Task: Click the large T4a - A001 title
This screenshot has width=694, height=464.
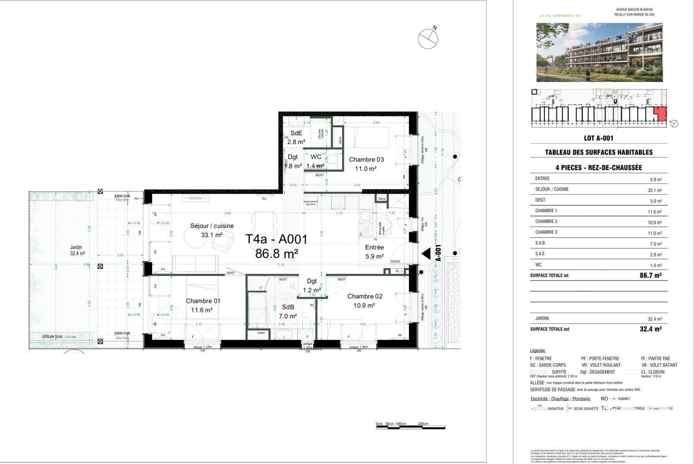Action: (276, 239)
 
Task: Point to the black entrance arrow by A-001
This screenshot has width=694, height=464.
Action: (426, 253)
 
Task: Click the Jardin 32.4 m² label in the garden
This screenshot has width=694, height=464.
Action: (77, 250)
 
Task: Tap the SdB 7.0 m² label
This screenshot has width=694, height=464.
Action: (288, 311)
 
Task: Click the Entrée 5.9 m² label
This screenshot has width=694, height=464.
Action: (374, 252)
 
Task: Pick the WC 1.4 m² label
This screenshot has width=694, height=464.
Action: (316, 161)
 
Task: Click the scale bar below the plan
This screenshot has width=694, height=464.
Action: (410, 427)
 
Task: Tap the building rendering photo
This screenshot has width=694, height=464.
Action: (599, 52)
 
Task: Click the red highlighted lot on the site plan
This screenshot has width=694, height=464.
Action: (660, 115)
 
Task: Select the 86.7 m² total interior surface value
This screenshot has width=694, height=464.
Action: (650, 275)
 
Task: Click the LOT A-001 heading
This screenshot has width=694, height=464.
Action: (598, 138)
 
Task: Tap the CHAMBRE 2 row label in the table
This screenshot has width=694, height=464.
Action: (546, 221)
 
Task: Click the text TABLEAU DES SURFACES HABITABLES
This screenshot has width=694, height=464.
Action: (598, 152)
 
